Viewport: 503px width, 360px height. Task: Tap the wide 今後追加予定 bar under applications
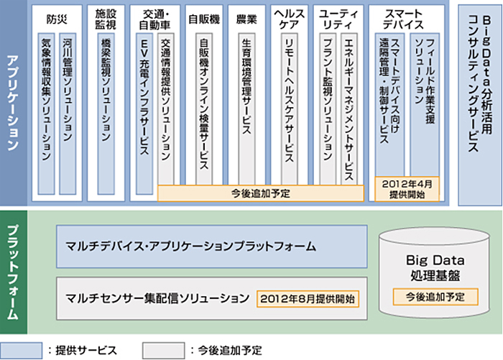click(x=262, y=193)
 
